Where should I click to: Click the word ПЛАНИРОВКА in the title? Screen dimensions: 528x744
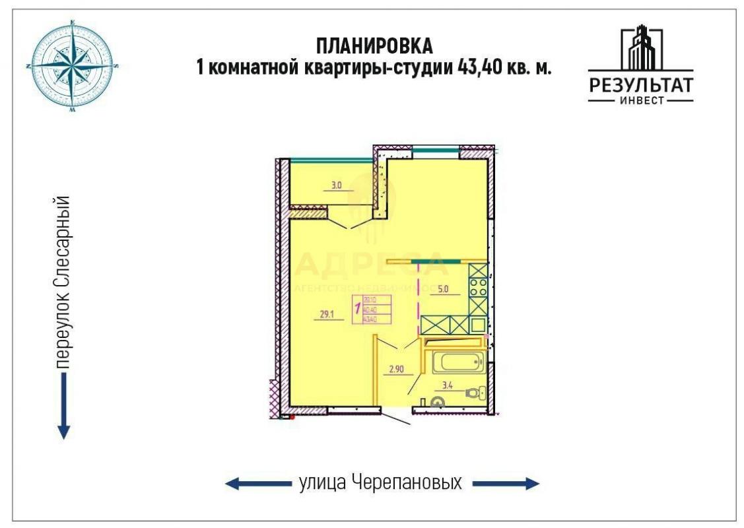click(374, 46)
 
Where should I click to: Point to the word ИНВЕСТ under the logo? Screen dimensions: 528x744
click(640, 101)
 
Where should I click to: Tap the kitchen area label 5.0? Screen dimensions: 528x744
click(444, 288)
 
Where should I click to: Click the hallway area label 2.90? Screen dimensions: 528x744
click(396, 369)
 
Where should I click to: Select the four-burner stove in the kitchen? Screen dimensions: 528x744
click(478, 288)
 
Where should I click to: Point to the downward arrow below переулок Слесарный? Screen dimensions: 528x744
click(63, 406)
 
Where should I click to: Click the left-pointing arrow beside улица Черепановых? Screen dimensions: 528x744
click(257, 484)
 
